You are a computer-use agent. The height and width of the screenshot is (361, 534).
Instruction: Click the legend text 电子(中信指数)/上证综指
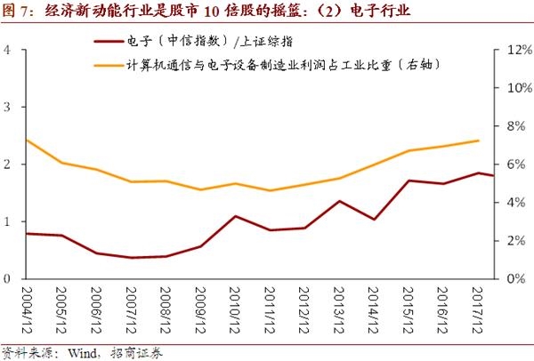point(198,41)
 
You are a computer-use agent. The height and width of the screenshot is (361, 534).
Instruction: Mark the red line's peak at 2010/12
point(235,216)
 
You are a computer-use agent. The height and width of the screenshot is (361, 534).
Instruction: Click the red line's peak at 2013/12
point(339,201)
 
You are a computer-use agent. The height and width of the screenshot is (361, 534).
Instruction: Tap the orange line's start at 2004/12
point(28,140)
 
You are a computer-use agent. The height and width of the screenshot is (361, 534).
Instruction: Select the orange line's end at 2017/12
point(479,140)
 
